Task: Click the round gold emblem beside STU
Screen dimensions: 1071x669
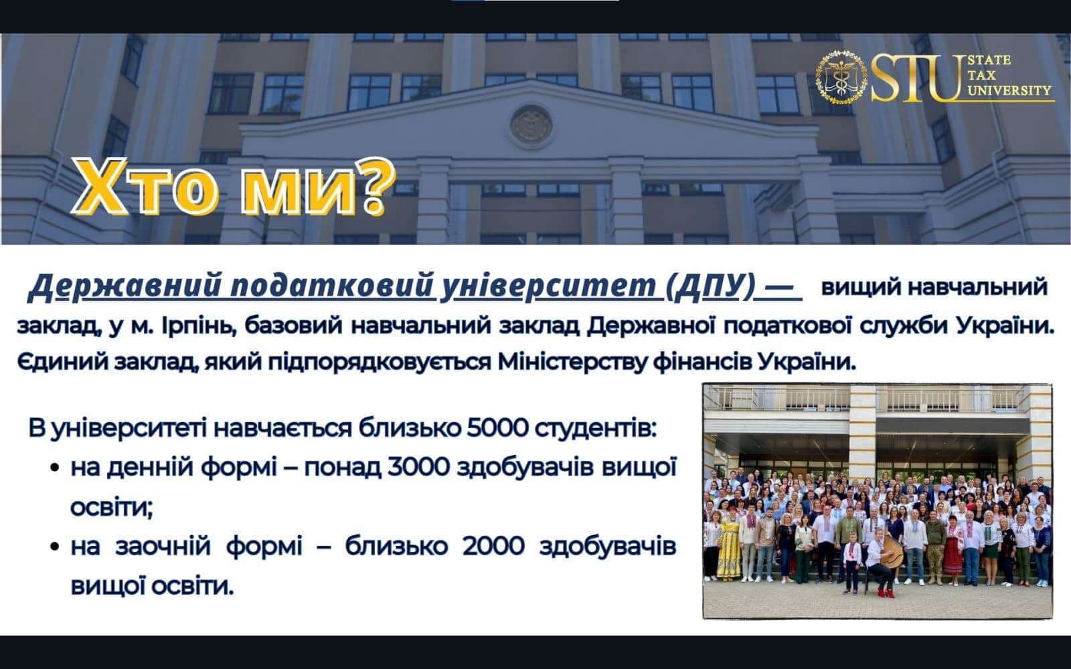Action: click(x=841, y=78)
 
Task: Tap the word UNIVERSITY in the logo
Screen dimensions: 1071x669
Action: click(x=1009, y=90)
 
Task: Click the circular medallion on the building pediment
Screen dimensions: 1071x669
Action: click(x=531, y=124)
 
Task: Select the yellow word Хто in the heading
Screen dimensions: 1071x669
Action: click(x=146, y=187)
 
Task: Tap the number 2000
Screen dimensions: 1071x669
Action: click(x=493, y=546)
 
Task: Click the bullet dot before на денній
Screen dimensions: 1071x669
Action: click(x=54, y=468)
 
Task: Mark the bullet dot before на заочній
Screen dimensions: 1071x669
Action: click(x=54, y=547)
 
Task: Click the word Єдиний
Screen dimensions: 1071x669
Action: click(x=62, y=362)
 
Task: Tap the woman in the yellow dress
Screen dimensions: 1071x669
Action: click(x=729, y=545)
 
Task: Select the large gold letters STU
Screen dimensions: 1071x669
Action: click(x=916, y=78)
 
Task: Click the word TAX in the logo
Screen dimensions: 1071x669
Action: click(x=982, y=76)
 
